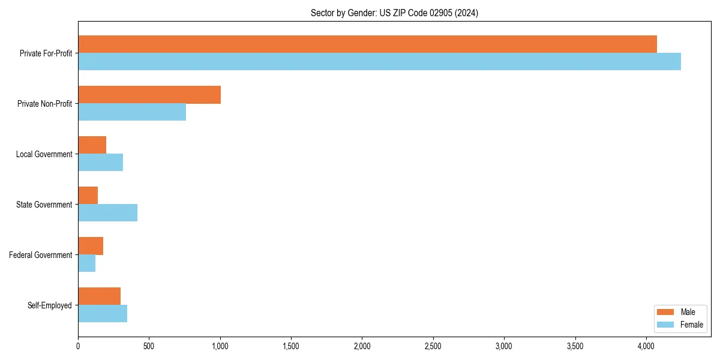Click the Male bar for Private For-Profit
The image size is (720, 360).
click(x=367, y=44)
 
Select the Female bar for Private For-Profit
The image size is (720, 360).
click(x=379, y=61)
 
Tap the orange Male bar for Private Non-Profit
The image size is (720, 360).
click(x=149, y=94)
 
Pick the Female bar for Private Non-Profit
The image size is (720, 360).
click(x=132, y=112)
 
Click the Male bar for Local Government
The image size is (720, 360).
click(x=92, y=145)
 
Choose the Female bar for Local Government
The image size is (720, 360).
click(x=100, y=163)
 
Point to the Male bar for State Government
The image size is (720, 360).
click(x=88, y=195)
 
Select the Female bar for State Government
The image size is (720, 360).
click(x=107, y=213)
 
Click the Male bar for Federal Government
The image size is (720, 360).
click(x=91, y=245)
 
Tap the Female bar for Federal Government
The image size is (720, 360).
click(x=86, y=263)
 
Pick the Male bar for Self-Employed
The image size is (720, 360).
click(x=99, y=296)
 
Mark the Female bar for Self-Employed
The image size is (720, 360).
click(x=103, y=314)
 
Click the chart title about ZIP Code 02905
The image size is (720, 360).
click(x=394, y=13)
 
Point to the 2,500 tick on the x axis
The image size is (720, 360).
click(x=433, y=346)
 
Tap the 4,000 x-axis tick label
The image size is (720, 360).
click(x=646, y=346)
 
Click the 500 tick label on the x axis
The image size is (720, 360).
click(x=149, y=346)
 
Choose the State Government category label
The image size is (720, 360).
click(x=44, y=205)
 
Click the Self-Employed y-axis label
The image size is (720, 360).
click(x=49, y=305)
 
